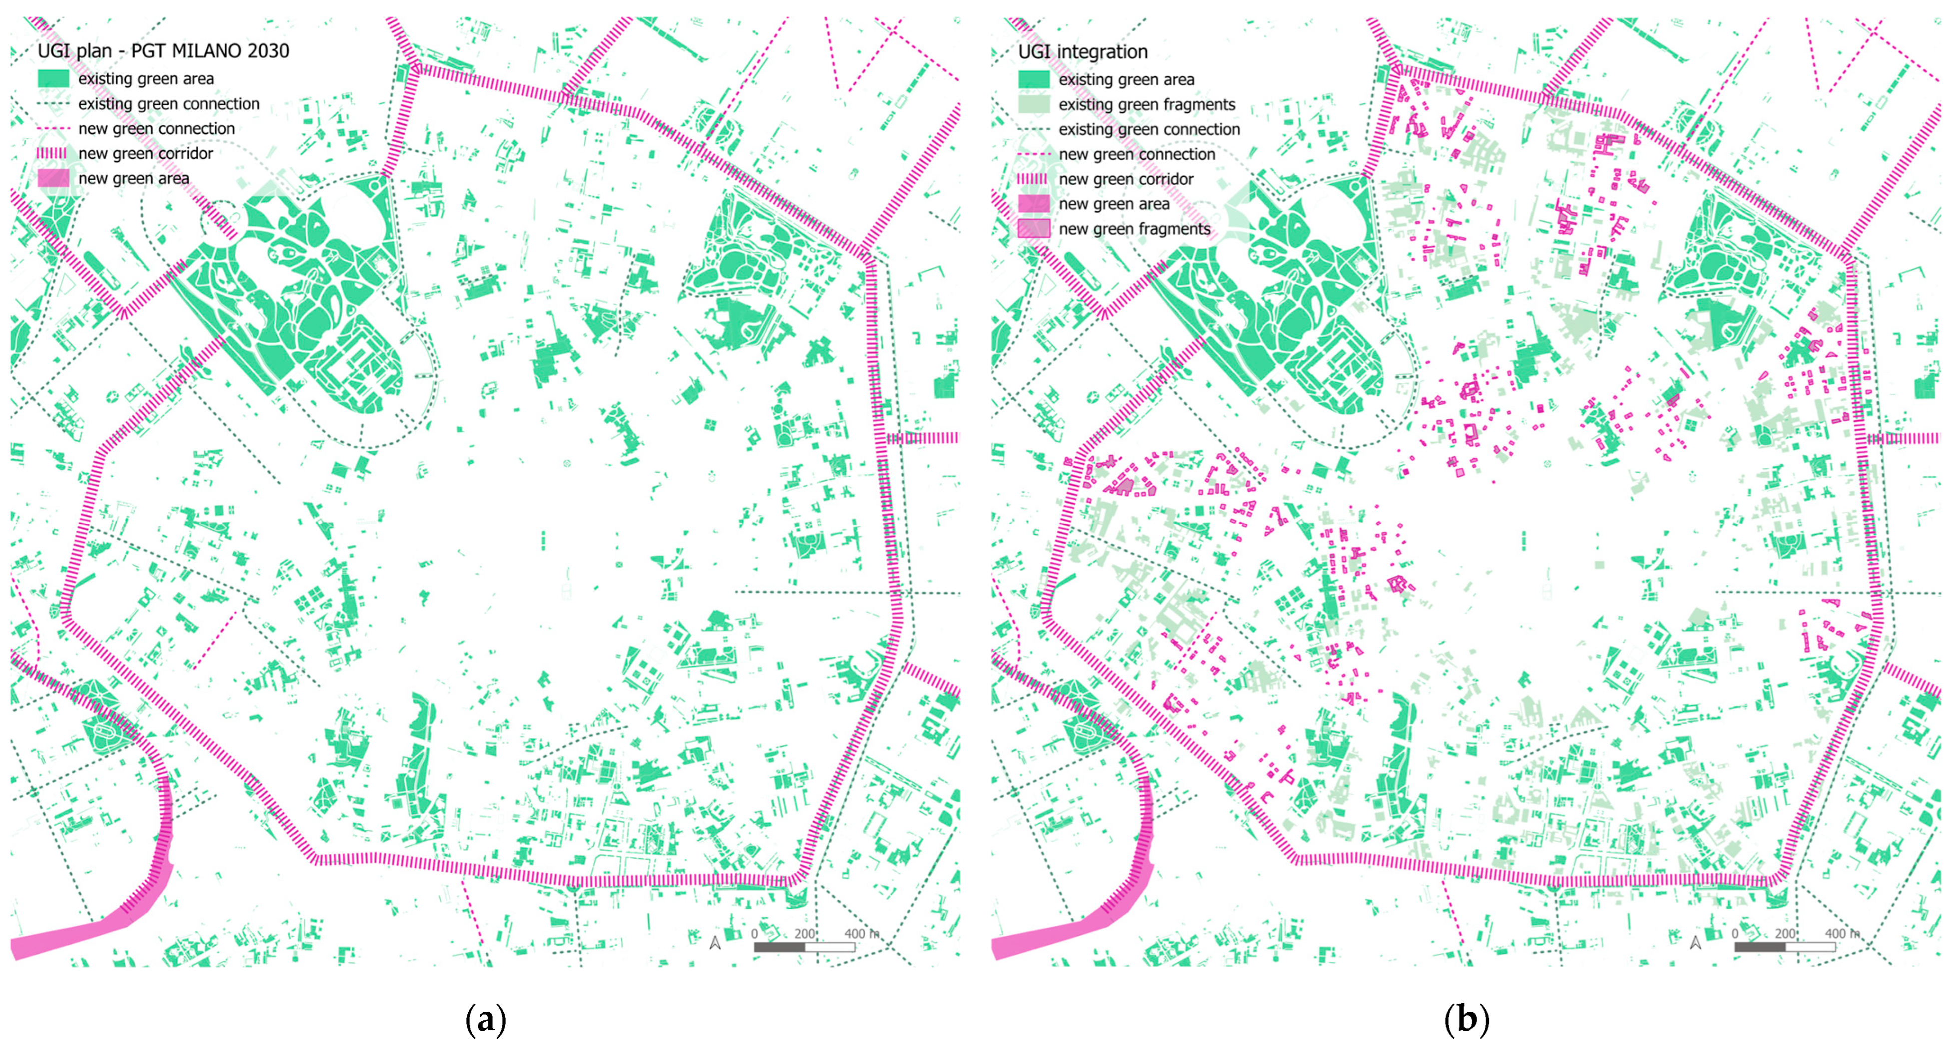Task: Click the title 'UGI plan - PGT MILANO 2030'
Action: [x=163, y=51]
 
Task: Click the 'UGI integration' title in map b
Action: [x=1082, y=51]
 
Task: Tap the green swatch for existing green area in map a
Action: [x=53, y=79]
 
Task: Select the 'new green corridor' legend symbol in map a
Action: [x=53, y=153]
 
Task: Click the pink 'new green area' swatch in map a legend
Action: [x=53, y=178]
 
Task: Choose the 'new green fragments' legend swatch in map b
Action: [x=1034, y=229]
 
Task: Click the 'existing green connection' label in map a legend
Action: [x=168, y=104]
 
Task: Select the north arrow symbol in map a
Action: [x=715, y=943]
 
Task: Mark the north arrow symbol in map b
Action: [x=1696, y=943]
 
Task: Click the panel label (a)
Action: [x=485, y=1019]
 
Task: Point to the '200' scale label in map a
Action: [x=804, y=933]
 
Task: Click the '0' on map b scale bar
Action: [x=1735, y=933]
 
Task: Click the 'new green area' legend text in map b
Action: [x=1114, y=203]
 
